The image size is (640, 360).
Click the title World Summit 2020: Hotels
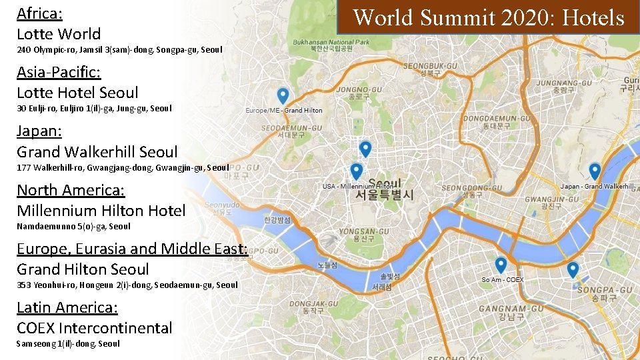pos(488,17)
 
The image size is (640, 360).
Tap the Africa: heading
pos(39,13)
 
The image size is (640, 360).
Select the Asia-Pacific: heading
pos(59,72)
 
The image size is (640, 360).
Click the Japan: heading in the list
pos(38,131)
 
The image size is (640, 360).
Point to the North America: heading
pos(71,190)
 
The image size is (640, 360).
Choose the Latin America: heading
pos(67,307)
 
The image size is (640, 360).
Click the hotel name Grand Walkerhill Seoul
pos(97,151)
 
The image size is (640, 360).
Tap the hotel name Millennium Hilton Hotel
pos(101,211)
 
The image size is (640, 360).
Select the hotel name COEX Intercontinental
pos(94,328)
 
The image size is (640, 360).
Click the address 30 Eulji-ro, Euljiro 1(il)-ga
pos(94,108)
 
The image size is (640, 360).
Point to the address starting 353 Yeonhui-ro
pos(127,285)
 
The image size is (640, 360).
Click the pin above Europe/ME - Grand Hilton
pos(283,95)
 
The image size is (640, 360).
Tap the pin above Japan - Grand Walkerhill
pos(594,171)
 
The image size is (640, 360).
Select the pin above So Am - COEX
pos(501,265)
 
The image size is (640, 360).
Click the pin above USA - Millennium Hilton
pos(357,171)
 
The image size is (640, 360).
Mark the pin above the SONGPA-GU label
pos(572,269)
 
